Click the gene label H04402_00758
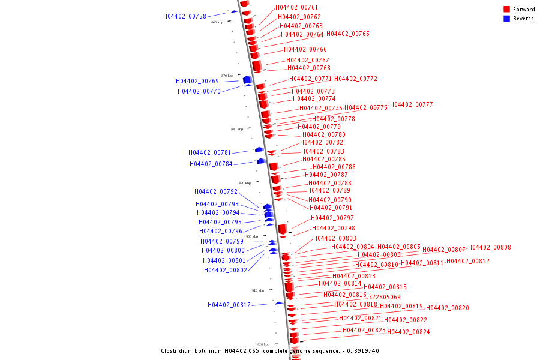point(185,16)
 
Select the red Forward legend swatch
point(507,10)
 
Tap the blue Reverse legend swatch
point(507,19)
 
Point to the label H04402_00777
point(411,104)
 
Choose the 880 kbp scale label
point(237,129)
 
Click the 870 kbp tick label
point(227,76)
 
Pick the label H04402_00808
point(490,247)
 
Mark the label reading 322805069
point(385,297)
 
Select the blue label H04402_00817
point(229,305)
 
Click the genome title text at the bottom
point(270,351)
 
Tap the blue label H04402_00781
point(210,152)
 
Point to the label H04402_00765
point(348,34)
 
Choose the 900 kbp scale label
point(252,236)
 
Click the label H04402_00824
point(408,332)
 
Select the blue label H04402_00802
point(226,270)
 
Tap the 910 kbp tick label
point(258,290)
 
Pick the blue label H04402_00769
point(197,81)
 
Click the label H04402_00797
point(332,218)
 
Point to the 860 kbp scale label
point(217,22)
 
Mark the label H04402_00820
point(448,308)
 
